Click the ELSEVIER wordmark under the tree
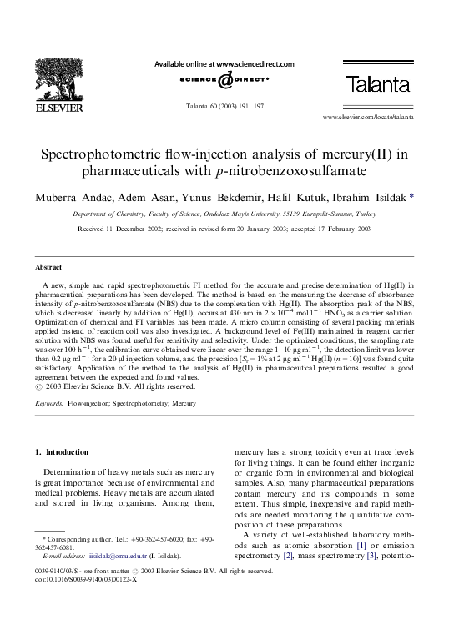point(61,106)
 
